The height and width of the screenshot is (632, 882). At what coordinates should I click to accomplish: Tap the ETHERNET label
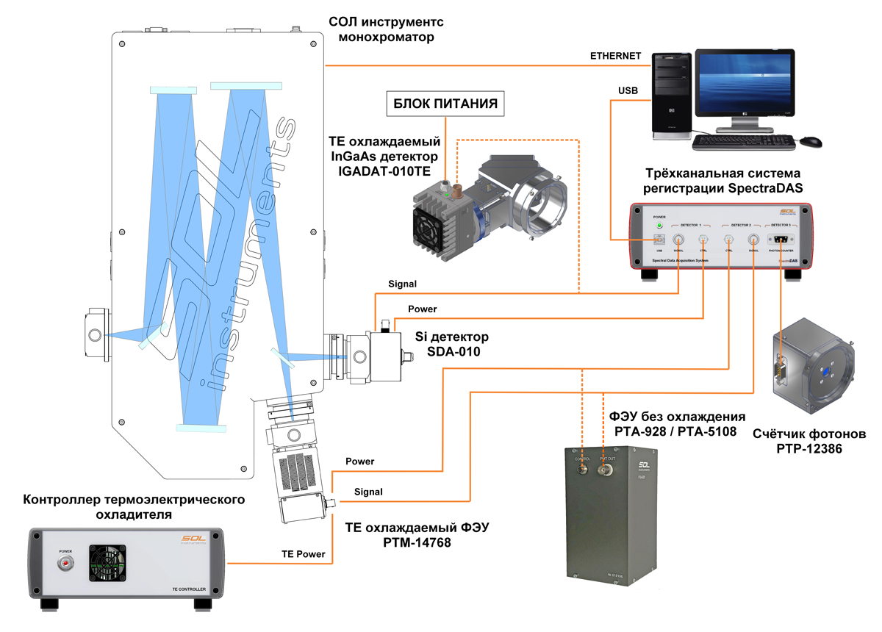(x=616, y=57)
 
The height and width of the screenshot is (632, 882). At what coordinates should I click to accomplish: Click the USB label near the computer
(x=626, y=90)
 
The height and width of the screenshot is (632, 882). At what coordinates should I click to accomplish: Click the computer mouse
(x=811, y=140)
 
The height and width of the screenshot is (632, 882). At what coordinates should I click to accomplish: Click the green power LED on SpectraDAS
(x=659, y=226)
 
